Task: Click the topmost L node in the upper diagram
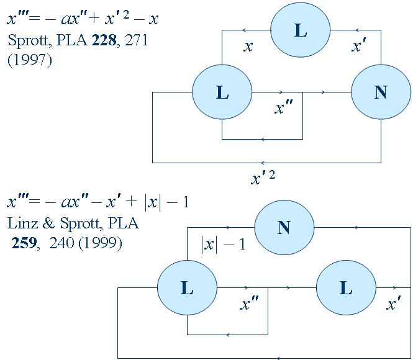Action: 300,30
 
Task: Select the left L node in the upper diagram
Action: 222,92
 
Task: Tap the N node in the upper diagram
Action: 381,92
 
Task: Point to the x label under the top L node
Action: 248,47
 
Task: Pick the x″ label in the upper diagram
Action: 283,108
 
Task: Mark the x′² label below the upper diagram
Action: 262,179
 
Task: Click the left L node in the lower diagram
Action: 187,288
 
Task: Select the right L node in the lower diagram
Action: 346,288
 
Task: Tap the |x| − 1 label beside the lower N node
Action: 223,244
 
